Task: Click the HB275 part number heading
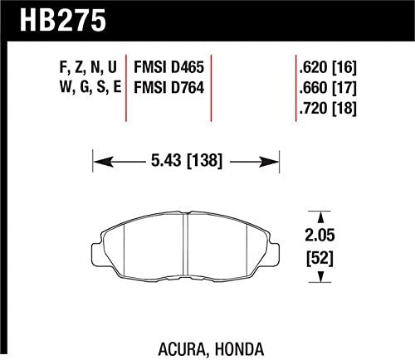(x=63, y=20)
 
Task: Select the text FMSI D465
(x=168, y=67)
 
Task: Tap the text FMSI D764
(x=168, y=88)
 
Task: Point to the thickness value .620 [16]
(x=328, y=67)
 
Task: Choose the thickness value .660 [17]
(x=328, y=88)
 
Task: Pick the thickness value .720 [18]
(x=328, y=108)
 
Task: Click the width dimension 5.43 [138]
(x=187, y=161)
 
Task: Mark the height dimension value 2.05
(x=320, y=236)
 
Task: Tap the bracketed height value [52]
(x=320, y=259)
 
